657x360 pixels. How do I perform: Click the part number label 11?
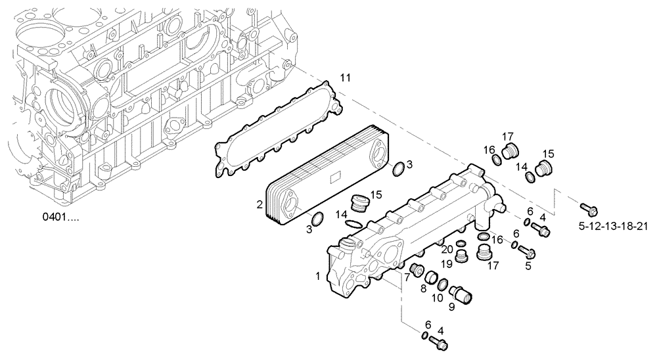tap(345, 78)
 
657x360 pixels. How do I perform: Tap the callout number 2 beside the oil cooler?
tap(261, 204)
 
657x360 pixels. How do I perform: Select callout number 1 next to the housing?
tap(319, 277)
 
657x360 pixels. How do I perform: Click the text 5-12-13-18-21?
tap(614, 227)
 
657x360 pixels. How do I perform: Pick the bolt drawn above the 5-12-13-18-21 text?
tap(588, 210)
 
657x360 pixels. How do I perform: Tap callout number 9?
tap(451, 306)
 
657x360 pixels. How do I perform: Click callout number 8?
tap(424, 288)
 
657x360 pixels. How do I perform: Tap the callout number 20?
tap(446, 250)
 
